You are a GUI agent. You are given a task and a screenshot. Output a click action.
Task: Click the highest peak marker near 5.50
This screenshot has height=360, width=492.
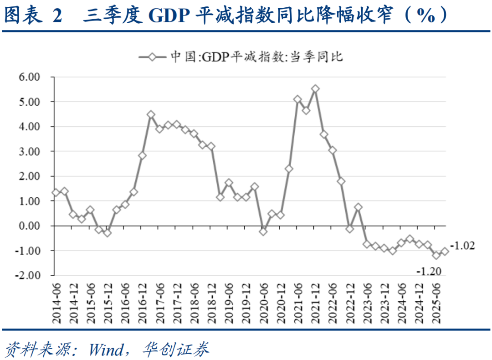pyautogui.click(x=315, y=89)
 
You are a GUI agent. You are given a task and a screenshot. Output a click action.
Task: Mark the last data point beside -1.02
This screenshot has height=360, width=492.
pyautogui.click(x=445, y=251)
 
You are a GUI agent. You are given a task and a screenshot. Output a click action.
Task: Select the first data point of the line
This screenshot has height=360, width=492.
pyautogui.click(x=56, y=192)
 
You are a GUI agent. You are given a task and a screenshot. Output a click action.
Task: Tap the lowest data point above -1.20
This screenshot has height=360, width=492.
pyautogui.click(x=436, y=255)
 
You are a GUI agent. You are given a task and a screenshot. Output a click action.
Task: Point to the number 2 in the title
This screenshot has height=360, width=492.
pyautogui.click(x=56, y=16)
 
